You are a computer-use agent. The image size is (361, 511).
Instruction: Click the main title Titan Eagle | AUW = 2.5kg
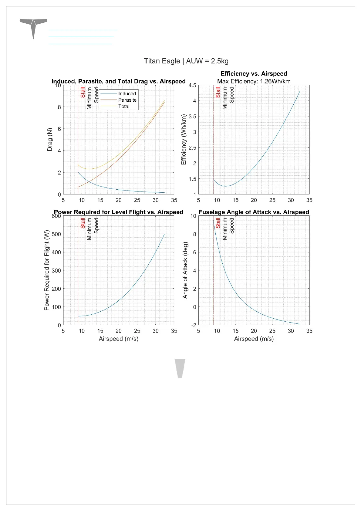click(x=186, y=61)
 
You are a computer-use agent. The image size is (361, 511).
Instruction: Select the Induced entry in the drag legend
click(x=127, y=93)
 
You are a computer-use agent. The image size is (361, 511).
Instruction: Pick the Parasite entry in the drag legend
click(x=127, y=100)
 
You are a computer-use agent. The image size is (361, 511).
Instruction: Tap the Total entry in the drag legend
click(x=124, y=106)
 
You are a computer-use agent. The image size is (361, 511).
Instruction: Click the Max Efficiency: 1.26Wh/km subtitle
click(x=254, y=81)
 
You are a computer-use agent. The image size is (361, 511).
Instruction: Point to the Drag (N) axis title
click(x=50, y=139)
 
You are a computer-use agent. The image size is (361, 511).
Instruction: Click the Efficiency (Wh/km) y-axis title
click(x=184, y=139)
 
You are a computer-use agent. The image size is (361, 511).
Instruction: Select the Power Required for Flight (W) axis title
click(x=46, y=270)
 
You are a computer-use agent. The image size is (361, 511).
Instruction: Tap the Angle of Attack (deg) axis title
click(x=185, y=270)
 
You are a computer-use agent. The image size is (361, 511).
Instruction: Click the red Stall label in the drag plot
click(x=83, y=92)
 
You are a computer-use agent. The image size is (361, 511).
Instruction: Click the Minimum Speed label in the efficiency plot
click(x=228, y=98)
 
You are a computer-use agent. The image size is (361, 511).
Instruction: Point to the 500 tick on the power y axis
click(x=56, y=234)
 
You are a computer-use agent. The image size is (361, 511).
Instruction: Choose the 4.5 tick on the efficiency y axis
click(x=192, y=85)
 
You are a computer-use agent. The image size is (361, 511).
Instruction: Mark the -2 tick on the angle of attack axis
click(x=194, y=325)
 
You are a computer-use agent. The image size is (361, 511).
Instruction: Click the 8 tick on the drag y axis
click(x=59, y=107)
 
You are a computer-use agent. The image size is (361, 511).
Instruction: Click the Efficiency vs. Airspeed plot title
click(x=254, y=74)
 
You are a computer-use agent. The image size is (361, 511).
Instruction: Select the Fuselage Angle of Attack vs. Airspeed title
click(x=254, y=212)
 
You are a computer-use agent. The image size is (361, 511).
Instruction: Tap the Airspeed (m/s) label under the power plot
click(x=119, y=339)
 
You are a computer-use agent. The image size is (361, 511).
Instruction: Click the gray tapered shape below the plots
click(x=180, y=368)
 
